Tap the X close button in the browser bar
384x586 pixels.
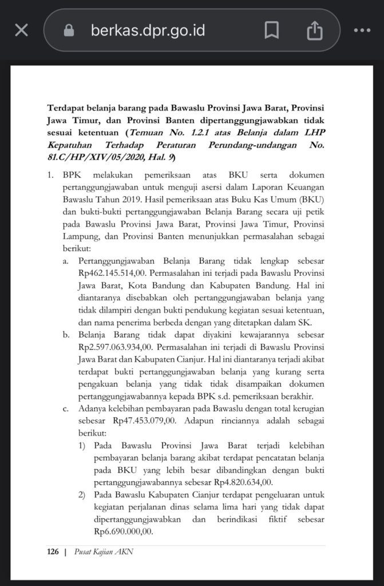[x=21, y=30]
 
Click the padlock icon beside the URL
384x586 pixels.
[x=69, y=30]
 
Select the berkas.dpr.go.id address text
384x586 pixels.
[x=148, y=30]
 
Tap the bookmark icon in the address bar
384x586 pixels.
[x=272, y=30]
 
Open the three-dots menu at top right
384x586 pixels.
[x=362, y=30]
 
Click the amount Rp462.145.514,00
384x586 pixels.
[x=116, y=272]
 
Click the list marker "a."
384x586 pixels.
[x=66, y=260]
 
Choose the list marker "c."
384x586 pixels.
[x=66, y=409]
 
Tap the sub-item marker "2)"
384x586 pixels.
[x=82, y=494]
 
